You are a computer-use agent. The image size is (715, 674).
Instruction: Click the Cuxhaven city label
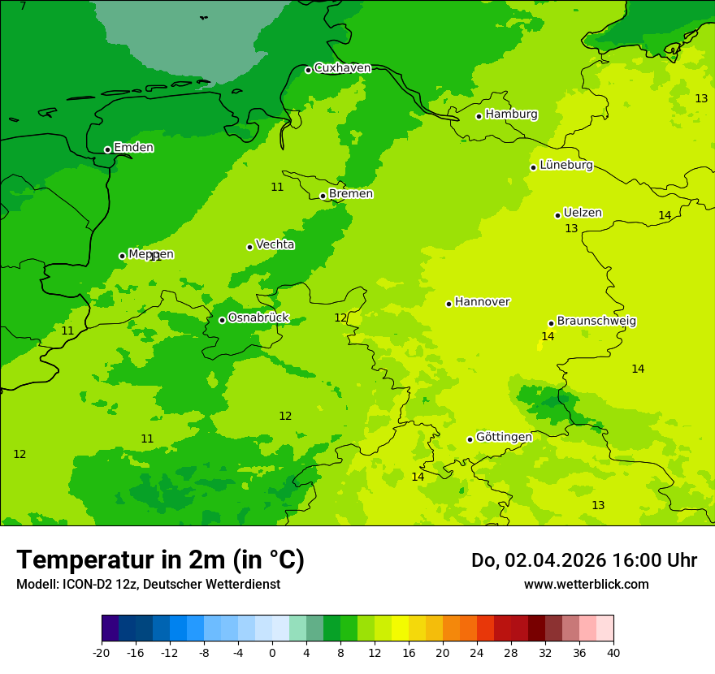(x=342, y=68)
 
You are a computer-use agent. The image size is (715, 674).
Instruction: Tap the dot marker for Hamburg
(x=479, y=116)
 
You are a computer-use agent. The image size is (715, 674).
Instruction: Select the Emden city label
(x=133, y=148)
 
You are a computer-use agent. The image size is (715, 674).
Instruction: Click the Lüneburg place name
(x=565, y=165)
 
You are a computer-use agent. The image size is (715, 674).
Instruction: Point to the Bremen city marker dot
(x=323, y=196)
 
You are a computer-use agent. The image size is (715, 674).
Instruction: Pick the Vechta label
(x=275, y=244)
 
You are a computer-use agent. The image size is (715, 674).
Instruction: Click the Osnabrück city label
(x=258, y=318)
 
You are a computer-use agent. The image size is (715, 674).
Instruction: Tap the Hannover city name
(x=482, y=302)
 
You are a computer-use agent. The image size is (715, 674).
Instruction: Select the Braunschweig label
(x=596, y=322)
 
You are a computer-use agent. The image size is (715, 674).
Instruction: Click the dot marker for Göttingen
(x=470, y=439)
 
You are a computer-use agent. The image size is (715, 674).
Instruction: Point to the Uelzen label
(x=583, y=213)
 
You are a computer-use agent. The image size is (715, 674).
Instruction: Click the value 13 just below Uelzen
(x=571, y=229)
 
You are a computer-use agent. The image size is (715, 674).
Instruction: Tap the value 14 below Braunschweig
(x=548, y=336)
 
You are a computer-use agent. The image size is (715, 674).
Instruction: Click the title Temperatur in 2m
(x=160, y=560)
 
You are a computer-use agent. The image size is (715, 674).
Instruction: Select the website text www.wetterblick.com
(x=586, y=584)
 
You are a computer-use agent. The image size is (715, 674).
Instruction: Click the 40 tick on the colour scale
(x=613, y=652)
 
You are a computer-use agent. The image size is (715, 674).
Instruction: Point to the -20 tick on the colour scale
(x=101, y=652)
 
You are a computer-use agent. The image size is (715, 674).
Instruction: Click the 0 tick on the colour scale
(x=272, y=652)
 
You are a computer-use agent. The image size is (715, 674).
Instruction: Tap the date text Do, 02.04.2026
(x=531, y=560)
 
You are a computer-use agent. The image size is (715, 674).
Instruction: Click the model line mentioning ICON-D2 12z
(x=148, y=584)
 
